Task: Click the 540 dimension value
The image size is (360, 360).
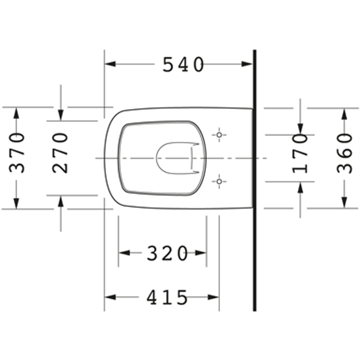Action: (x=183, y=65)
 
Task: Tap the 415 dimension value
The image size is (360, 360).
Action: (x=167, y=297)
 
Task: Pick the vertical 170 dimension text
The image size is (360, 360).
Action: (x=301, y=154)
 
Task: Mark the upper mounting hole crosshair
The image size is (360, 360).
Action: (x=219, y=134)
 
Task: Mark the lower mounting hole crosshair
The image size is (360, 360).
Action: (x=219, y=182)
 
